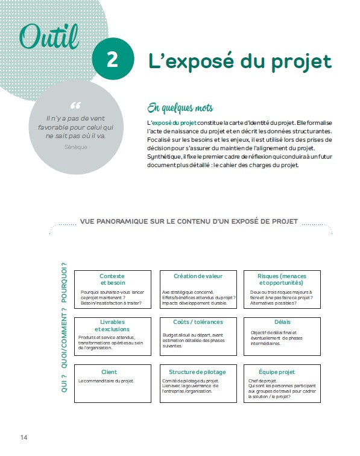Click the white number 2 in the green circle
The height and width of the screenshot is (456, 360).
[112, 60]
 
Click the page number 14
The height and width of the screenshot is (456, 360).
[24, 437]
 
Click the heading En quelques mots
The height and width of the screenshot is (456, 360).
[180, 108]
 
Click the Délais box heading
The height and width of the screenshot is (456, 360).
[282, 322]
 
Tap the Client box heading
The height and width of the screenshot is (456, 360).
[109, 372]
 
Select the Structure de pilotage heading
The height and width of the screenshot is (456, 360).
[198, 372]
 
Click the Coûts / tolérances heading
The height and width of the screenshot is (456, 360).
[198, 322]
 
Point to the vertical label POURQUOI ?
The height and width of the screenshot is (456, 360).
[64, 282]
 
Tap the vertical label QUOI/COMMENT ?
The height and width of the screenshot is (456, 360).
[64, 335]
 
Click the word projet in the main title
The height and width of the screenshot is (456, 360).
[300, 61]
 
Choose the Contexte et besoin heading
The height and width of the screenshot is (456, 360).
[113, 279]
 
